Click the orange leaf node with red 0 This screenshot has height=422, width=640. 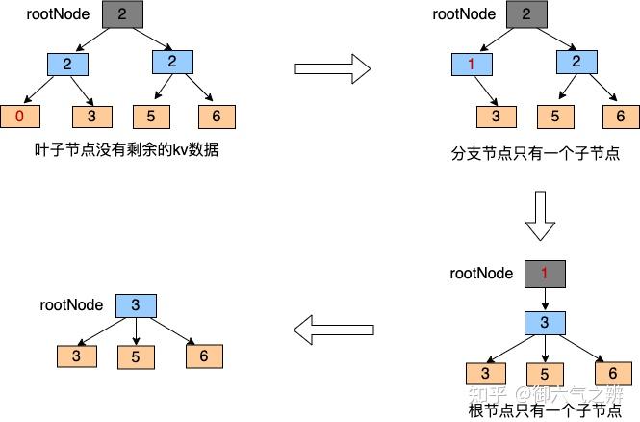(20, 117)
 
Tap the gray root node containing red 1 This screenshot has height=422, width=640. (544, 274)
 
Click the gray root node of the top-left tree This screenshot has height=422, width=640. (121, 14)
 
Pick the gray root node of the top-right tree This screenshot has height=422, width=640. (525, 14)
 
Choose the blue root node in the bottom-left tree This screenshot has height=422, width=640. (136, 306)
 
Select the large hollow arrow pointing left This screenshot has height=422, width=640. (332, 331)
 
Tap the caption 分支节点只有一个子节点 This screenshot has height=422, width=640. (535, 153)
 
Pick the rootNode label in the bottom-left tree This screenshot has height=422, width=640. (72, 305)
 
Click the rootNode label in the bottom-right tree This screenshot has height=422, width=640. (482, 273)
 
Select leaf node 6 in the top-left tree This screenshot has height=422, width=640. (217, 117)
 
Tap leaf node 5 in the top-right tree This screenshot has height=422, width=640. (555, 117)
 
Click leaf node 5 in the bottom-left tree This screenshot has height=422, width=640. (136, 356)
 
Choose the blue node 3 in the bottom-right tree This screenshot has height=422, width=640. (544, 322)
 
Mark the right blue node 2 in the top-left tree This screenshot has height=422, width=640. (172, 63)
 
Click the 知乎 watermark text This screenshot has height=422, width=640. (486, 394)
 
